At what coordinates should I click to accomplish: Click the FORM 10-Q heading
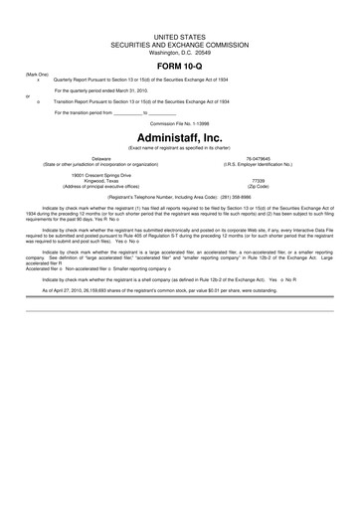(x=179, y=66)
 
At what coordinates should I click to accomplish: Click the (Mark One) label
(x=38, y=75)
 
